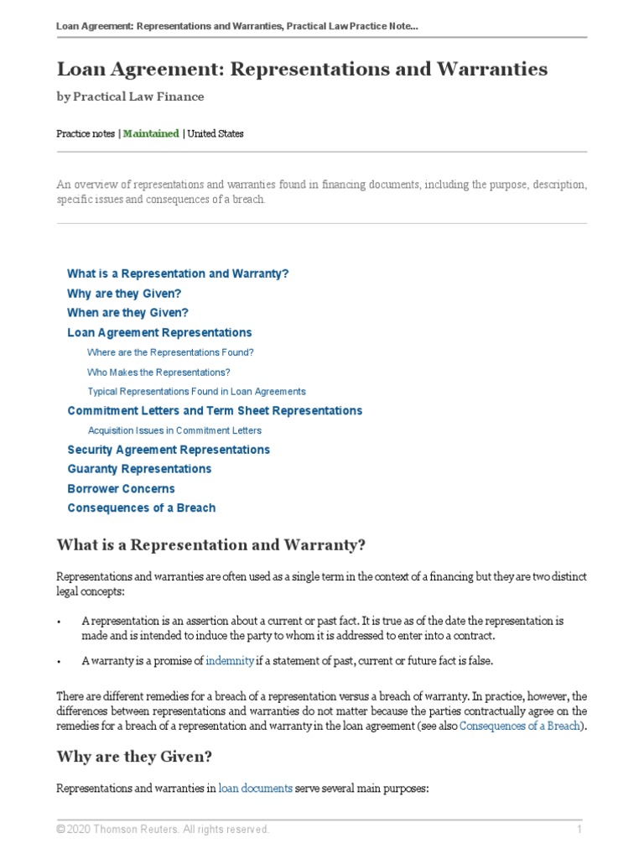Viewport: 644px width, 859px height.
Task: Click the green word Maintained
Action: [x=151, y=133]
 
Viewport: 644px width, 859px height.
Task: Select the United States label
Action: [x=216, y=133]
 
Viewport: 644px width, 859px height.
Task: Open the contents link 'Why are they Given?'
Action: [x=124, y=294]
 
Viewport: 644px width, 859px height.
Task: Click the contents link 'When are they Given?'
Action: [x=127, y=313]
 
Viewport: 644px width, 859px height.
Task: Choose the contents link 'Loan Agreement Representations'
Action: [x=159, y=333]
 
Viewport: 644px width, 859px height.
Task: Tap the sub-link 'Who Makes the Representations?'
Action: [x=158, y=372]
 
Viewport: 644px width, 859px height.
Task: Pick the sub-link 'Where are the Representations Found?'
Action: [x=170, y=352]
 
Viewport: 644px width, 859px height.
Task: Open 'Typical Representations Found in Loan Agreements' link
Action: [x=196, y=391]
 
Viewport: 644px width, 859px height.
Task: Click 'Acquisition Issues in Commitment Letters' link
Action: [x=174, y=430]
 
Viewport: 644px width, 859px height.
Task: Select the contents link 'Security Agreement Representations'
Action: [x=169, y=450]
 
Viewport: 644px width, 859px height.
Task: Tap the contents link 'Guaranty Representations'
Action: [x=139, y=469]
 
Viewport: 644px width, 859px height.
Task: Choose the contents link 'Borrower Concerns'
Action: [x=122, y=488]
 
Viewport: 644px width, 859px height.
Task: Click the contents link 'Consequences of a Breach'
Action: [x=141, y=508]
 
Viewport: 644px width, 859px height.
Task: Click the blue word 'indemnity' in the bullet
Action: [x=230, y=661]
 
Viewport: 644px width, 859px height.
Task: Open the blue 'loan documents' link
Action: [x=256, y=789]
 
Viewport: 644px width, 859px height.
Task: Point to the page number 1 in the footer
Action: [x=579, y=830]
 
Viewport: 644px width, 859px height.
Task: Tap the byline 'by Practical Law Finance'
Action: [x=130, y=96]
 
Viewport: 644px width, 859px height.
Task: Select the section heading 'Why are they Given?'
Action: [x=134, y=757]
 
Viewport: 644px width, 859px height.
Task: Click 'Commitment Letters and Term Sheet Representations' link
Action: [x=215, y=411]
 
